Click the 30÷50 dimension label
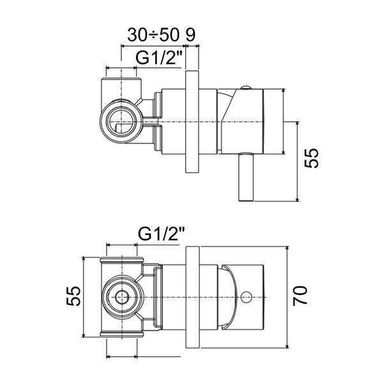(x=153, y=34)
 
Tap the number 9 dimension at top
(x=190, y=34)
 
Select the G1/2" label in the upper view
(x=160, y=57)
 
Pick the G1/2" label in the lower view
(x=161, y=234)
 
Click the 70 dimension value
(x=300, y=296)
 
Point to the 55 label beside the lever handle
(x=312, y=158)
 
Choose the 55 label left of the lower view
(x=73, y=296)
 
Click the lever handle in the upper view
(x=246, y=177)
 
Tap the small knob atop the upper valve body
(x=245, y=88)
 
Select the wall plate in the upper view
(x=193, y=122)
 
